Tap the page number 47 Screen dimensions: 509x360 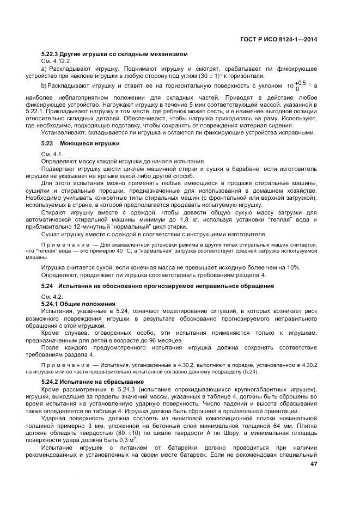313,464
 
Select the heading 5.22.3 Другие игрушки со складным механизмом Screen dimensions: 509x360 114,54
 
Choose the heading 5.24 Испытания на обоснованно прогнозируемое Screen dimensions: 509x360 158,286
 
